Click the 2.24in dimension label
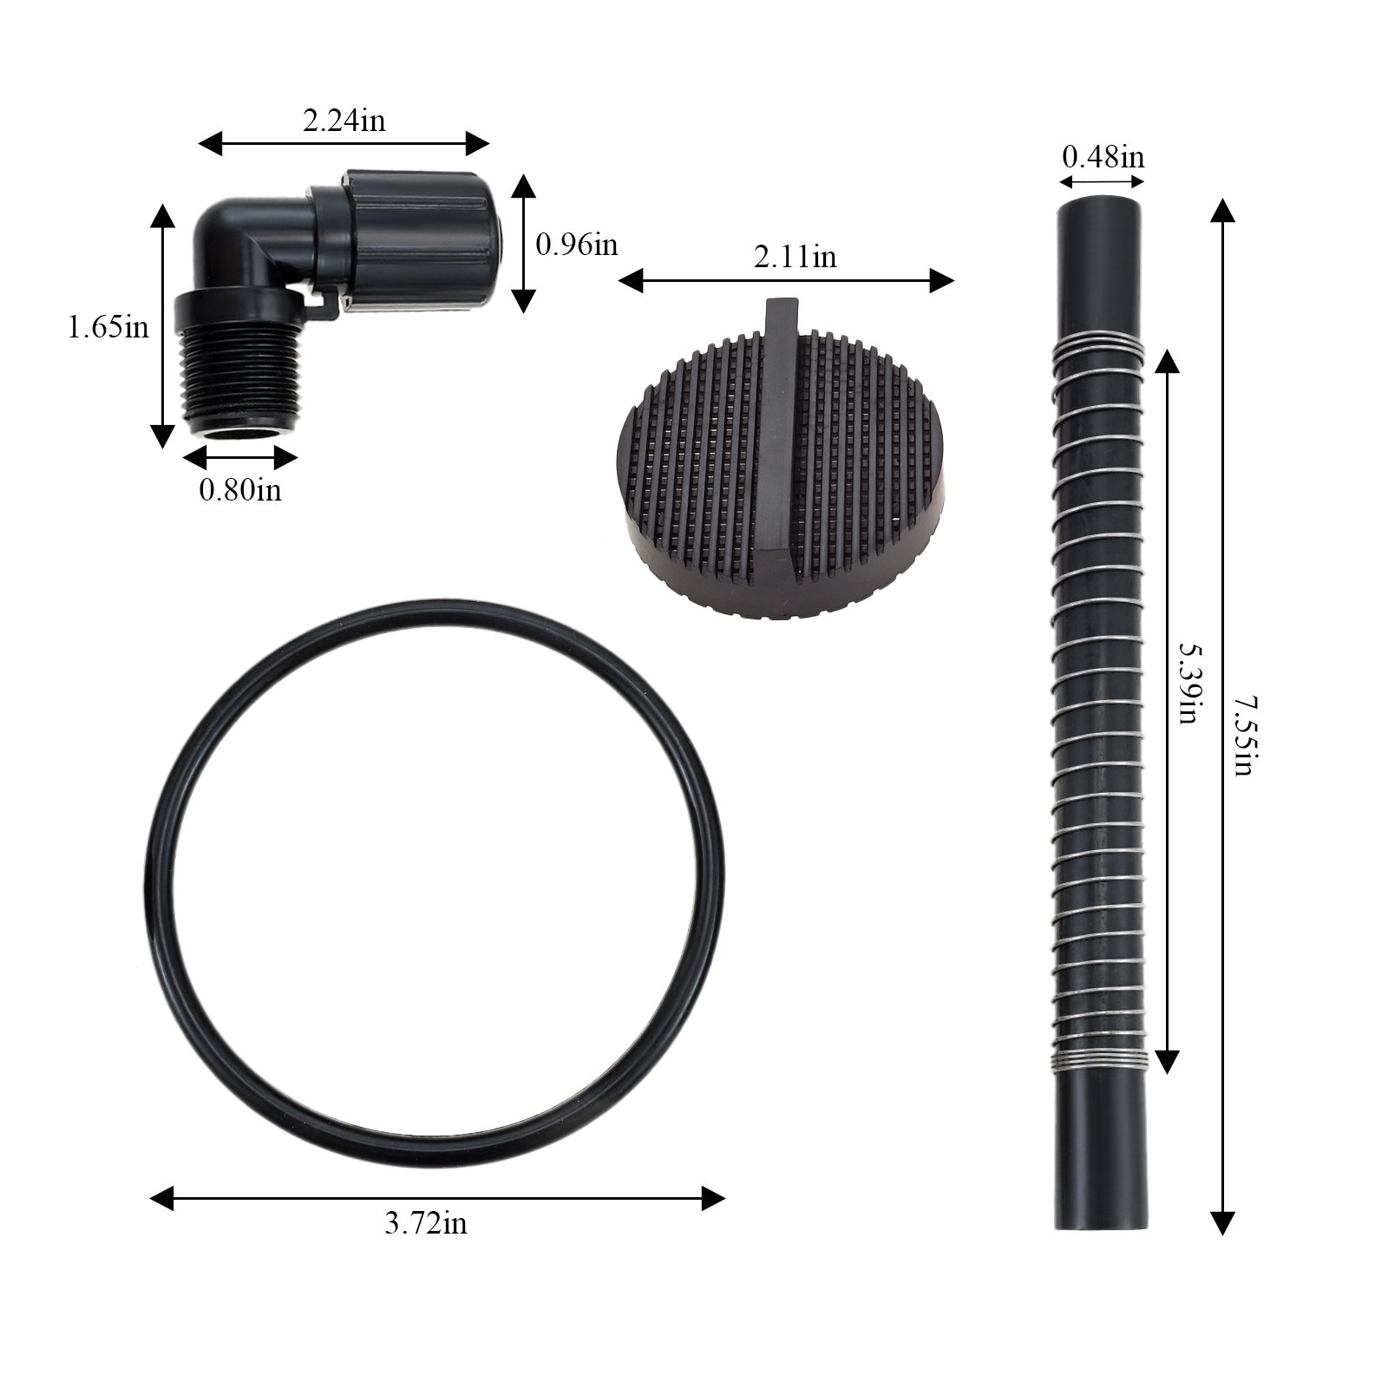pyautogui.click(x=344, y=120)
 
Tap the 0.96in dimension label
pyautogui.click(x=576, y=245)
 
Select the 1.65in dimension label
pyautogui.click(x=108, y=327)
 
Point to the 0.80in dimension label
pyautogui.click(x=240, y=489)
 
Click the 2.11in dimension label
pyautogui.click(x=795, y=257)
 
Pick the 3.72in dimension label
pyautogui.click(x=426, y=1223)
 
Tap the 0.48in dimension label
pyautogui.click(x=1103, y=157)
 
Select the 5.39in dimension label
pyautogui.click(x=1187, y=683)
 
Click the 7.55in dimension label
pyautogui.click(x=1244, y=736)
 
